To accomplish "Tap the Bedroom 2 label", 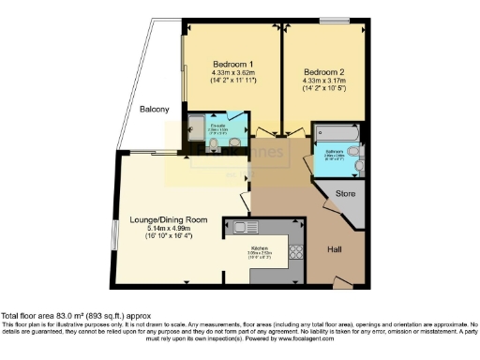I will pyautogui.click(x=324, y=69).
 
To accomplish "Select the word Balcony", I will pyautogui.click(x=155, y=110).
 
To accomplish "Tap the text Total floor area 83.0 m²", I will pyautogui.click(x=63, y=316).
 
